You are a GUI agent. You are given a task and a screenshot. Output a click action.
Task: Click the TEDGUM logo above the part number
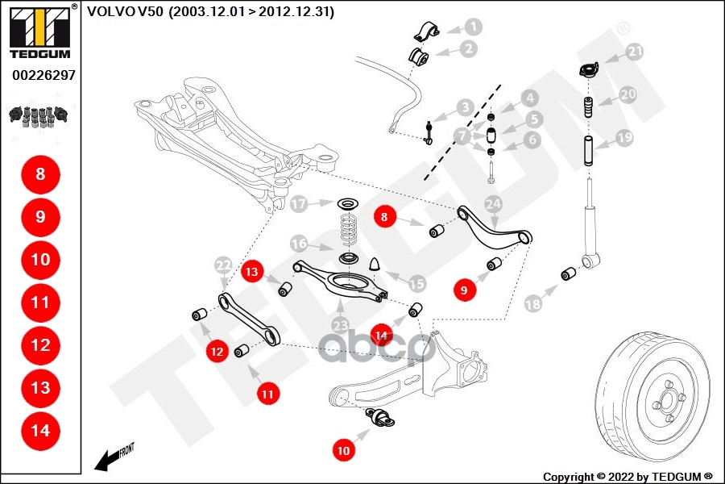39,32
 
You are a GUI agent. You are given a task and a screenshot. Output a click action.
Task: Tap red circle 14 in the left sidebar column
40,430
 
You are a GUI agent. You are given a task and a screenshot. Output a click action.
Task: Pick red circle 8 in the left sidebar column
40,173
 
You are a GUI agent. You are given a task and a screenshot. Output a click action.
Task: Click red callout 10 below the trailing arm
344,451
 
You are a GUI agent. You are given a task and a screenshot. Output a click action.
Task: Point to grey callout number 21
636,52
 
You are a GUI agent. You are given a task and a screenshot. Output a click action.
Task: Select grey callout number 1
473,27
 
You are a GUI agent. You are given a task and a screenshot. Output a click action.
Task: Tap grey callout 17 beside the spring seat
300,204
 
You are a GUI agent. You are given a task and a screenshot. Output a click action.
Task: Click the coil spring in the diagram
348,231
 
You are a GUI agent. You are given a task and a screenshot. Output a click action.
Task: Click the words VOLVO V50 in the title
125,11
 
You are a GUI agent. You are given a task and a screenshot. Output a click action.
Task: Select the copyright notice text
628,476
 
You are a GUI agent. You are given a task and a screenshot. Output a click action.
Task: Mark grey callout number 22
223,265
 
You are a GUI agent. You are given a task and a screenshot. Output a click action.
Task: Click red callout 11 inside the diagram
267,394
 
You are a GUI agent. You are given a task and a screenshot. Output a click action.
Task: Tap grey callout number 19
624,138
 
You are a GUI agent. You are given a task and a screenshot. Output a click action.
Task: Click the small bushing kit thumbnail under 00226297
39,115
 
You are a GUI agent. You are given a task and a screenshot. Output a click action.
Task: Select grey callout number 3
465,107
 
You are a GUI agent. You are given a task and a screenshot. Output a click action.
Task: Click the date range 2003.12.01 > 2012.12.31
251,11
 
